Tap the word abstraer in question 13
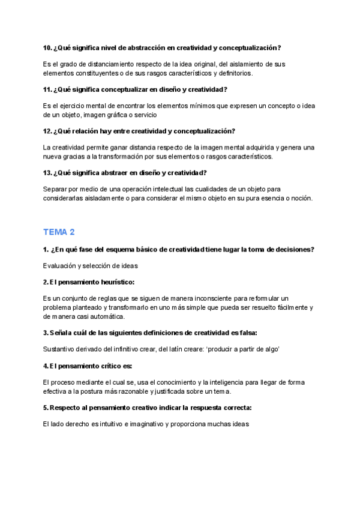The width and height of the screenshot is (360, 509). coord(119,173)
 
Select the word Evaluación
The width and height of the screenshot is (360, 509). coord(61,266)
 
